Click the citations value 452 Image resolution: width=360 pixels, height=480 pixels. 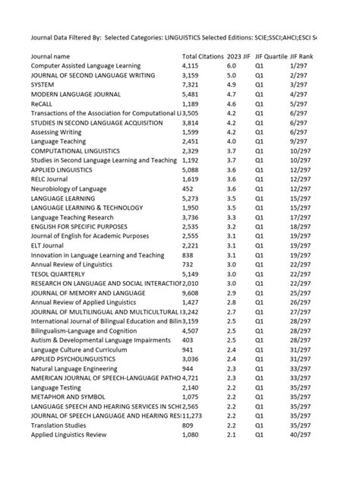(188, 188)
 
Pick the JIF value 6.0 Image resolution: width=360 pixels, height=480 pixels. (231, 66)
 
